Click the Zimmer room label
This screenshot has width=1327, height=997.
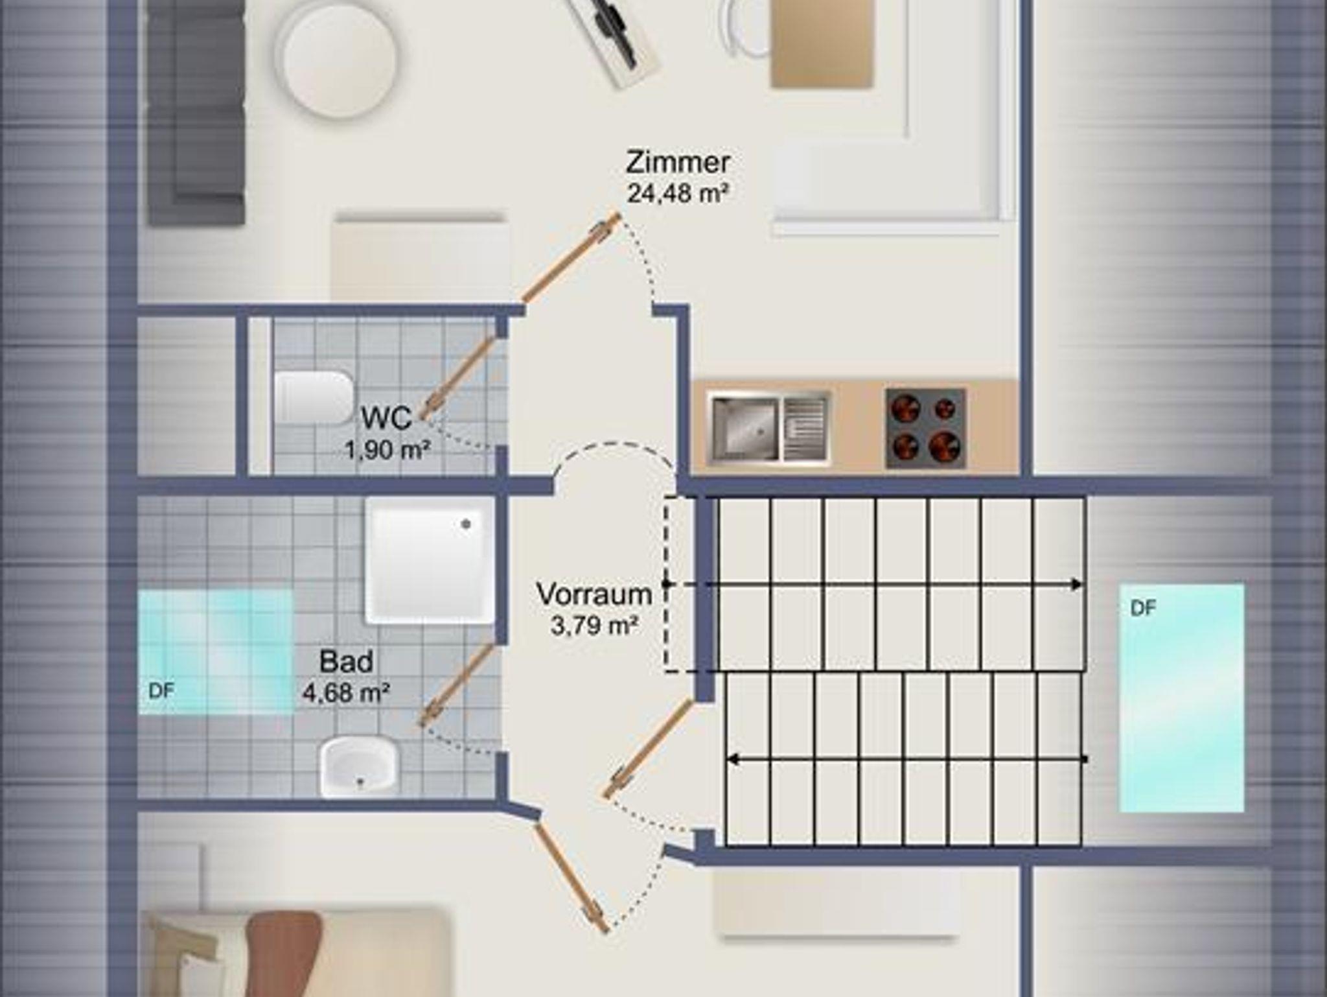678,162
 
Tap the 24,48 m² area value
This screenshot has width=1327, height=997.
678,193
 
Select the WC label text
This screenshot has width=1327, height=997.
386,418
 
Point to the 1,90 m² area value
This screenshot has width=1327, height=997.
387,449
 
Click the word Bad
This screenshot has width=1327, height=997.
346,662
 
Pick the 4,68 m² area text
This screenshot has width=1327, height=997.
346,693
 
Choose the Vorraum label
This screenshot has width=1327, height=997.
594,594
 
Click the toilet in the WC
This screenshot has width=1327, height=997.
314,397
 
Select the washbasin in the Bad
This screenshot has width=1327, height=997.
359,767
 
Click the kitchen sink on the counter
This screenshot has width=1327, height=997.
768,428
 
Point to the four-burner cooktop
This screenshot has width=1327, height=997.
925,428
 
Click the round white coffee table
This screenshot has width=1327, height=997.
338,57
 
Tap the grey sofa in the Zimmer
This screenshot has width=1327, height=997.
196,110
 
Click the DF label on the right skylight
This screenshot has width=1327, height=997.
1143,609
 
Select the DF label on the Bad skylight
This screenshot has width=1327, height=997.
161,691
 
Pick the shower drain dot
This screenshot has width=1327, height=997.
466,524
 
